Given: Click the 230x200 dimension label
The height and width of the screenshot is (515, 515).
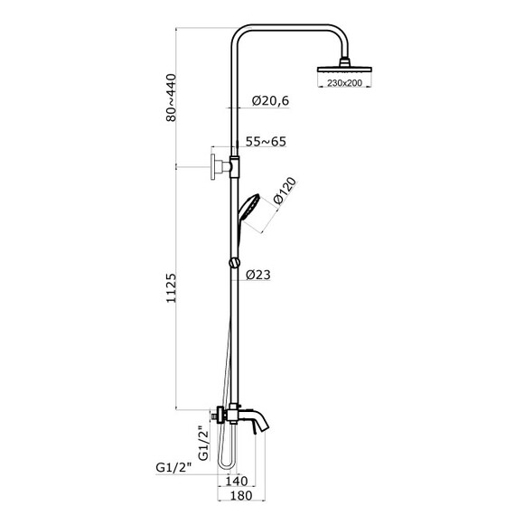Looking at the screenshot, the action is click(x=344, y=83).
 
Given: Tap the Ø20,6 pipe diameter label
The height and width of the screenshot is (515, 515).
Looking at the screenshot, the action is click(x=271, y=101).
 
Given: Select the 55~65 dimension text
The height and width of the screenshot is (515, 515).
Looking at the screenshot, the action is click(x=266, y=142).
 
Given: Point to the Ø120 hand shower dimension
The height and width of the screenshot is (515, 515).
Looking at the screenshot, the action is click(x=285, y=191).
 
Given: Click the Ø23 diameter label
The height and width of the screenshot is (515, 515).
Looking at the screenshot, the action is click(x=258, y=275).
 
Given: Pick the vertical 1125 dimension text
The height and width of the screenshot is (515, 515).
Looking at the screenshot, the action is click(x=171, y=288).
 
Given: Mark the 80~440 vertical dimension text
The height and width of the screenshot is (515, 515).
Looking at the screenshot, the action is click(x=171, y=98).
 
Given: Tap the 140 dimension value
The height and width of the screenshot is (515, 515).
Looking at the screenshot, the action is click(x=237, y=482).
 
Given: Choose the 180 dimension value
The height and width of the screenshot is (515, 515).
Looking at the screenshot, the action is click(x=241, y=495).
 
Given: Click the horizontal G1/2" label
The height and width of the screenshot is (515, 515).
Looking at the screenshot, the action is click(x=173, y=467).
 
